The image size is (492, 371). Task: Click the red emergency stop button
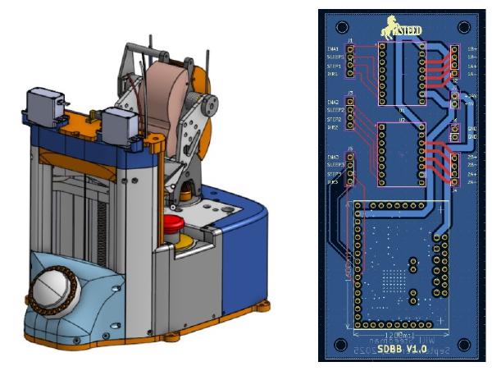tap(174, 225)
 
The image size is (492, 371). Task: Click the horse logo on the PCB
tap(388, 29)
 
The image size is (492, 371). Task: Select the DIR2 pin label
tap(334, 128)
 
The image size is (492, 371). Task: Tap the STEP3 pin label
tap(334, 174)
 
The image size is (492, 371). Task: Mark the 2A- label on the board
tap(472, 182)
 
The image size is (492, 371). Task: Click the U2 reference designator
tap(402, 120)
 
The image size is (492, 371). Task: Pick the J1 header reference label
tap(350, 40)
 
